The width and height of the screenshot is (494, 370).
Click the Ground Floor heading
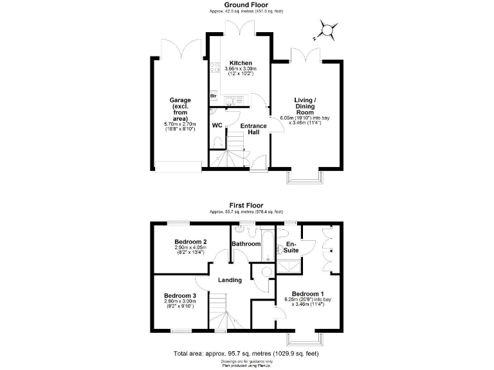point(246,4)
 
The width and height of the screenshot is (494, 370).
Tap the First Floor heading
point(246,206)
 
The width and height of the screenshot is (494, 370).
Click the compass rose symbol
point(326,30)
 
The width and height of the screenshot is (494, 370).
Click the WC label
point(217,125)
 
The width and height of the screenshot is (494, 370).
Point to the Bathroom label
point(246,244)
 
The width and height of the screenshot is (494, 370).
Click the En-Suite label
point(291,247)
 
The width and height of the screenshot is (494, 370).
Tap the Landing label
point(230,280)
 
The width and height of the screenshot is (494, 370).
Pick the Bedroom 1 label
point(305,293)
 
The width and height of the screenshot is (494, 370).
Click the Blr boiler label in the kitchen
point(213,96)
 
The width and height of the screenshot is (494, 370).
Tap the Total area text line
point(246,354)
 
